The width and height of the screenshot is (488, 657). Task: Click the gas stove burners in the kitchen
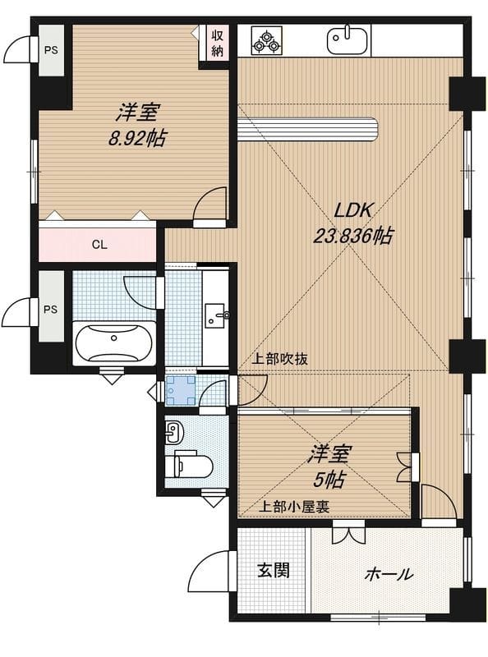(x=267, y=40)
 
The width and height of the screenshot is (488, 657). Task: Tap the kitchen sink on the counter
(x=348, y=39)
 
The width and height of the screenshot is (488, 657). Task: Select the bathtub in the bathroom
(x=114, y=342)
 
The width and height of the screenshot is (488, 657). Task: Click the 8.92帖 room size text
(x=136, y=138)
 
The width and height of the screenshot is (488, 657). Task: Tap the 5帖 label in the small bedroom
(x=329, y=479)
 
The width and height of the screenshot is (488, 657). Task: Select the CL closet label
(x=99, y=245)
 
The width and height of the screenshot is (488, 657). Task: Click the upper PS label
(x=51, y=50)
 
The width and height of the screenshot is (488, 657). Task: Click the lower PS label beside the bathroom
(x=51, y=310)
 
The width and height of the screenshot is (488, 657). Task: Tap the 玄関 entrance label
(x=274, y=570)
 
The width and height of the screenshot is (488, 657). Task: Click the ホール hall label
(x=389, y=573)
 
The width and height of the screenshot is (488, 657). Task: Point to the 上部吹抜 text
(x=279, y=359)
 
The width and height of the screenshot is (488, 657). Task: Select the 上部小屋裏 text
(x=293, y=507)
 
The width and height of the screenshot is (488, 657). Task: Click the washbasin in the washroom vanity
(x=216, y=315)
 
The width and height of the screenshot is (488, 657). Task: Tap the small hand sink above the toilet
(x=173, y=432)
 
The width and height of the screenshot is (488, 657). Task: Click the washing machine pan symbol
(x=181, y=391)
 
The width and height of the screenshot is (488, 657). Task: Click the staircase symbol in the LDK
(x=308, y=128)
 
